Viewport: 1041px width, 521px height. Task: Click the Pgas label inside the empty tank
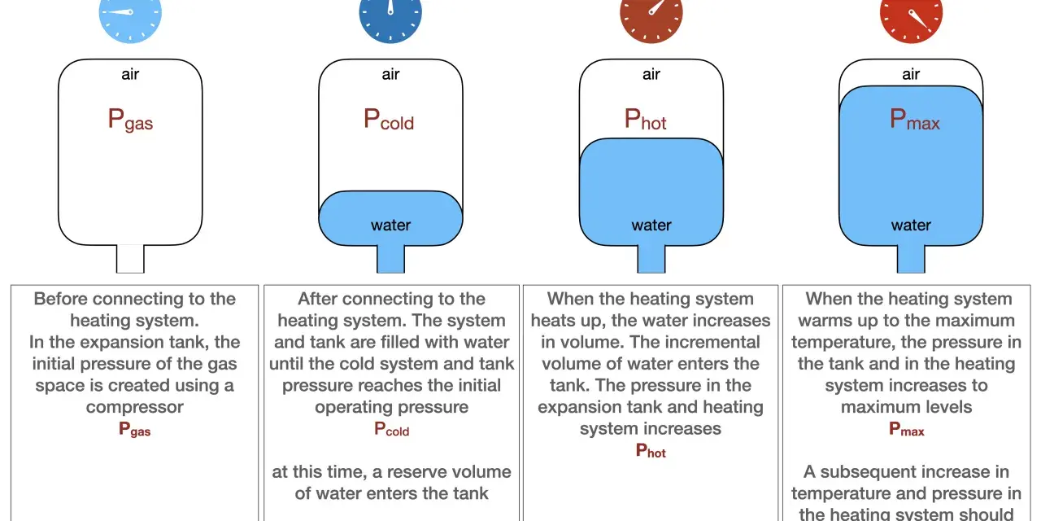pyautogui.click(x=130, y=120)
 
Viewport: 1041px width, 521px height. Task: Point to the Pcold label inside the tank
pyautogui.click(x=389, y=119)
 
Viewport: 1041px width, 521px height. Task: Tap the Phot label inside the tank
pyautogui.click(x=645, y=119)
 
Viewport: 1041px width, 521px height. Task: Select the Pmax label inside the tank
pyautogui.click(x=915, y=119)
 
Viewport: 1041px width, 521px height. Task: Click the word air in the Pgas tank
pyautogui.click(x=130, y=74)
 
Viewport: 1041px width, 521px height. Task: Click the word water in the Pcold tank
pyautogui.click(x=391, y=225)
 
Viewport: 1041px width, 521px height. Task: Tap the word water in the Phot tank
pyautogui.click(x=651, y=225)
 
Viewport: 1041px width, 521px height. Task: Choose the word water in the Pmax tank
pyautogui.click(x=911, y=225)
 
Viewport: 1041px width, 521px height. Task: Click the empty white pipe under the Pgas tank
pyautogui.click(x=130, y=259)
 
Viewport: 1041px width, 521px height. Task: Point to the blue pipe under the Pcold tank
pyautogui.click(x=391, y=259)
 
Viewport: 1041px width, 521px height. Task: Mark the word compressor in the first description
pyautogui.click(x=135, y=407)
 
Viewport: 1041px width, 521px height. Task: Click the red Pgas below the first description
pyautogui.click(x=135, y=429)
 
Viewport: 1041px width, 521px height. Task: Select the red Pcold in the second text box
pyautogui.click(x=392, y=429)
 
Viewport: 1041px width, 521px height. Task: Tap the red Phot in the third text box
pyautogui.click(x=651, y=450)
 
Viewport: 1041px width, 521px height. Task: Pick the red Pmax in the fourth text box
pyautogui.click(x=907, y=429)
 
